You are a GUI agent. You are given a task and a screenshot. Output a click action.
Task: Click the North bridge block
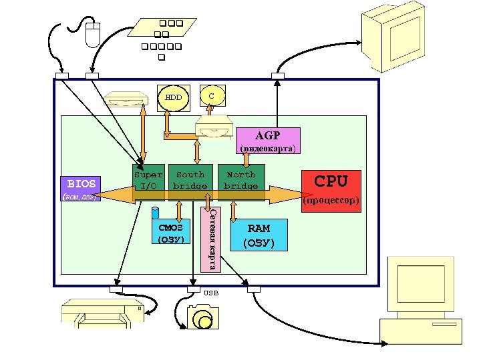click(240, 180)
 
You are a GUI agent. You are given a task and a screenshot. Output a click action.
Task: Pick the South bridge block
click(190, 180)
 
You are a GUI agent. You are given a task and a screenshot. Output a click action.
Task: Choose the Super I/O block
click(148, 180)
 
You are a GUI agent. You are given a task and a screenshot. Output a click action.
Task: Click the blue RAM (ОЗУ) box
click(259, 235)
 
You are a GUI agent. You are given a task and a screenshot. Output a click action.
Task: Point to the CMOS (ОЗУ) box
click(170, 233)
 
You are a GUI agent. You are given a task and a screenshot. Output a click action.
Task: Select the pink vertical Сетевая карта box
click(210, 240)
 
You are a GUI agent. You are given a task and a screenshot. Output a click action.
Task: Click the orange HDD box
click(174, 97)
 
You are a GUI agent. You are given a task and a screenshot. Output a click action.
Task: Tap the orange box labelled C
click(212, 95)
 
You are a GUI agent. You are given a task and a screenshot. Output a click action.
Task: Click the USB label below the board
click(210, 293)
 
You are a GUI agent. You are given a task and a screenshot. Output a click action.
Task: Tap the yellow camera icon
click(202, 317)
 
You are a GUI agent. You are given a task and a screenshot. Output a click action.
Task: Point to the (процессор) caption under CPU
click(331, 200)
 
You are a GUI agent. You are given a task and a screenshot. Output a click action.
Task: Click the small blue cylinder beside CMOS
click(155, 213)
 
